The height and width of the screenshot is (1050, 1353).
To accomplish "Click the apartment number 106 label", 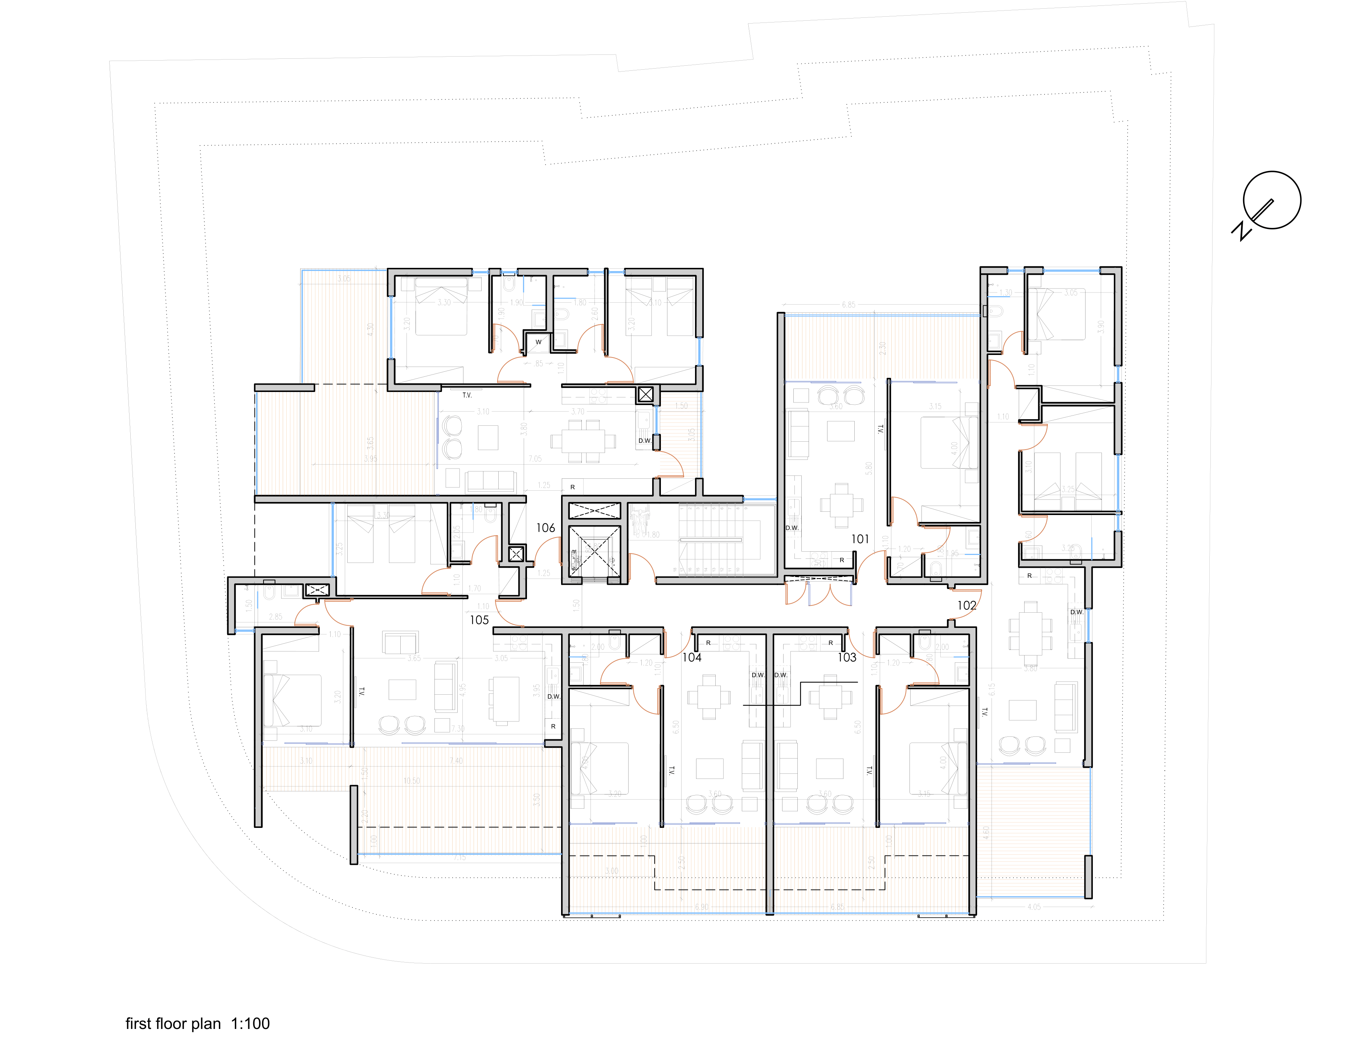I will pos(545,528).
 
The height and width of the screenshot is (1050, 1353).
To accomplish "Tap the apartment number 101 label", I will pos(860,539).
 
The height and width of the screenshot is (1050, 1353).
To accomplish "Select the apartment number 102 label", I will pos(966,605).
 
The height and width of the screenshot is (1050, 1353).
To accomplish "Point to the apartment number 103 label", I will pos(847,657).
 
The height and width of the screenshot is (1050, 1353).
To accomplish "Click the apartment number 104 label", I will pos(692,657).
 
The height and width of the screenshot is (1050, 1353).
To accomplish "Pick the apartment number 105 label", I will pos(479,620).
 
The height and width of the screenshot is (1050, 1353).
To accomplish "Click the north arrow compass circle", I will pos(1271,200).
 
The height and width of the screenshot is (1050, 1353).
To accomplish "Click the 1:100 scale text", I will pos(250,1024).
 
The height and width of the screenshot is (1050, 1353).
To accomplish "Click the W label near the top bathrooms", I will pos(538,342).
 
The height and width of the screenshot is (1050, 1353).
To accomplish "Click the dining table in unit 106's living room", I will pos(583,441).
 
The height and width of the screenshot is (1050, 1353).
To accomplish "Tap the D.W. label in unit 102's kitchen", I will pos(1077,612).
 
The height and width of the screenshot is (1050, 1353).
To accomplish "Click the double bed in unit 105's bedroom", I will pos(293,700).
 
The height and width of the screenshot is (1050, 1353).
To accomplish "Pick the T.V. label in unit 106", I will pos(466,395).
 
